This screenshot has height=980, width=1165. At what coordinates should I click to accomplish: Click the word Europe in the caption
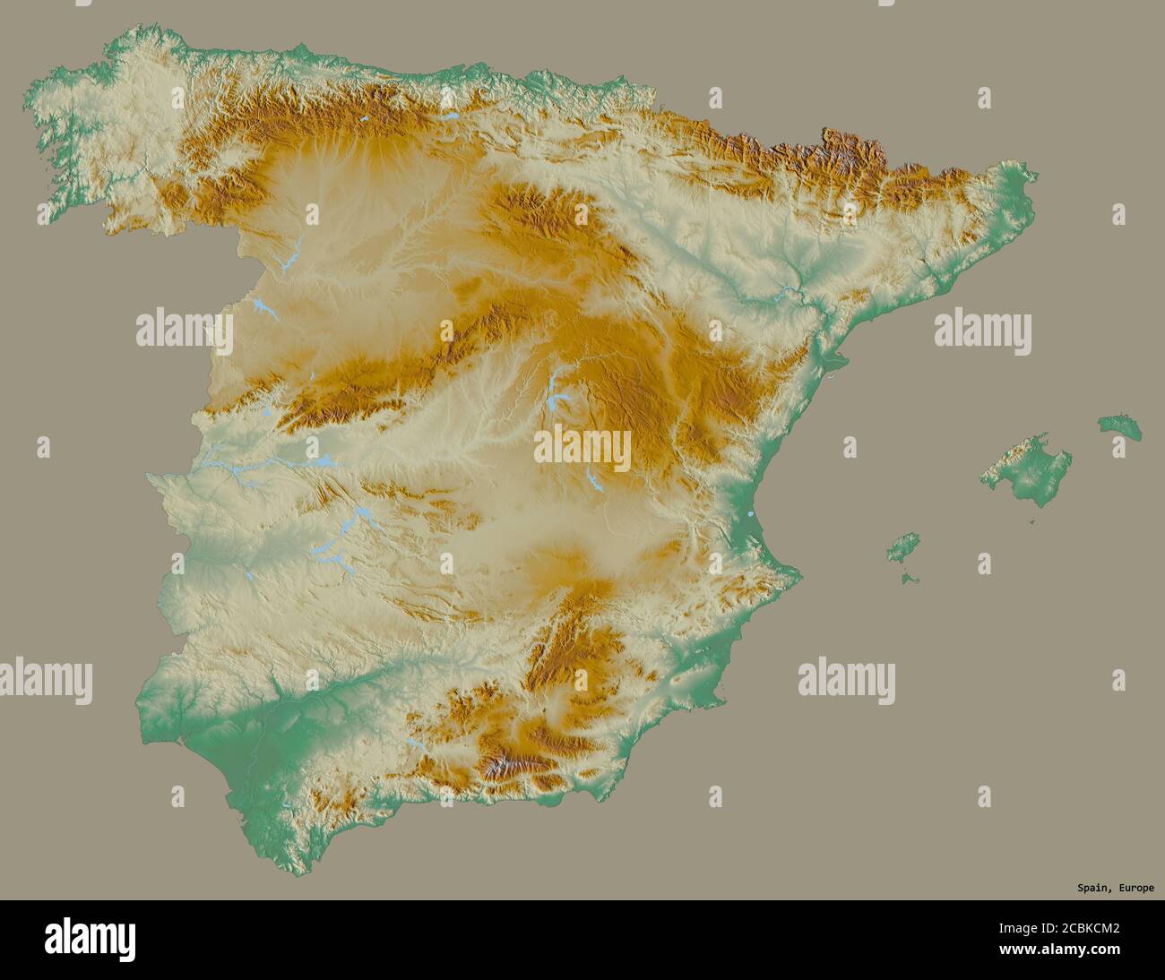click(1134, 888)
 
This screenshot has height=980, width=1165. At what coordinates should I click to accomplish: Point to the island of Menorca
click(1120, 426)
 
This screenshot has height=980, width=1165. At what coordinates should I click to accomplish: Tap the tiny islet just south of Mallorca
click(1032, 519)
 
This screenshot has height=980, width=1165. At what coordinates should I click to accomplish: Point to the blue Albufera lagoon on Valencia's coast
click(748, 514)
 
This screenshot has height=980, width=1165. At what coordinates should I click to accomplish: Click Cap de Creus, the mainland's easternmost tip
click(1035, 175)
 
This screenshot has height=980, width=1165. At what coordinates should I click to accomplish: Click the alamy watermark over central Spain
click(582, 448)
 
